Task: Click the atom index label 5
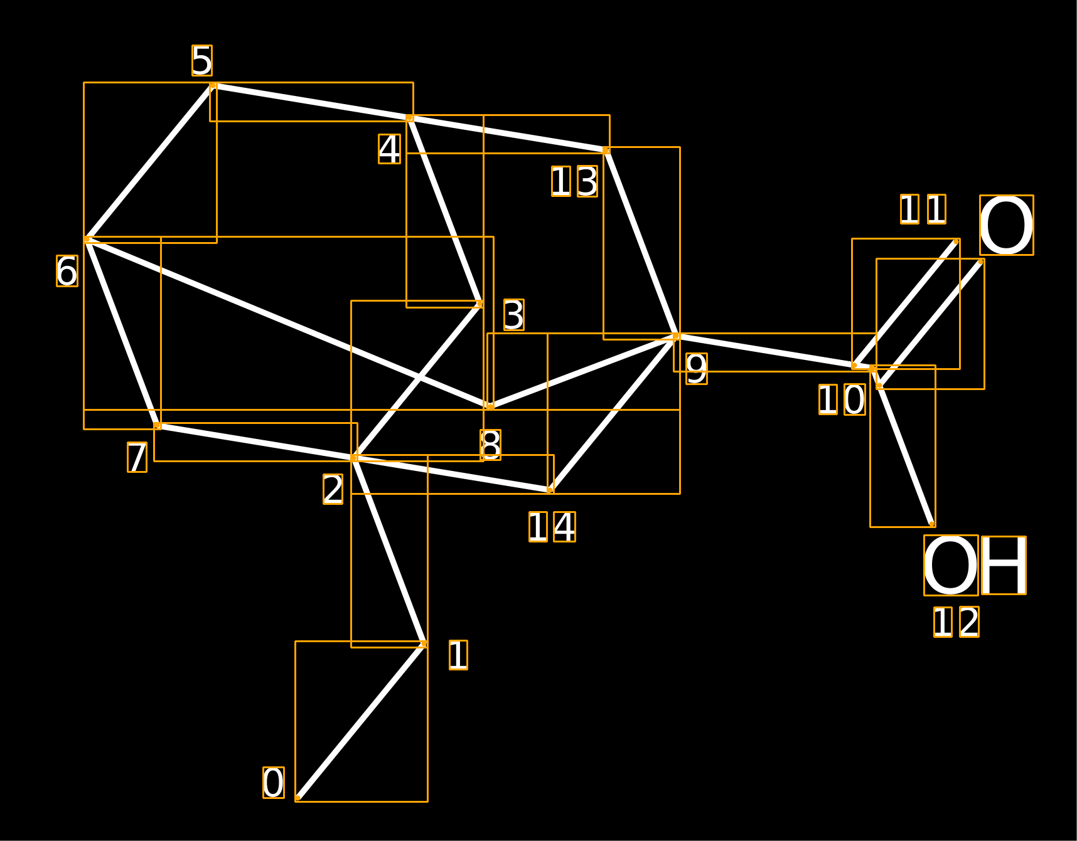click(x=202, y=61)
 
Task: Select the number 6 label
click(x=67, y=271)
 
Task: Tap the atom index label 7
click(x=137, y=457)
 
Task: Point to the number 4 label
click(x=389, y=149)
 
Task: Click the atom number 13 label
click(x=574, y=181)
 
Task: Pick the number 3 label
click(x=513, y=315)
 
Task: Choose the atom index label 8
click(x=490, y=445)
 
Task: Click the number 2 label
click(x=333, y=489)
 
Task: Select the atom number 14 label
click(x=552, y=526)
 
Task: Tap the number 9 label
click(x=696, y=368)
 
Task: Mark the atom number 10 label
click(x=842, y=399)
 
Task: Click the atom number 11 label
click(x=923, y=209)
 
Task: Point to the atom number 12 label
click(x=956, y=622)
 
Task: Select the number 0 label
click(x=273, y=783)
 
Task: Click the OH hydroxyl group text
click(x=975, y=565)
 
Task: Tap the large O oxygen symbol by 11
click(x=1006, y=225)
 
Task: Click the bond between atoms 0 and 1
click(x=362, y=721)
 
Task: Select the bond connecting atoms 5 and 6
click(x=150, y=162)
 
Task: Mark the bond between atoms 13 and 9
click(x=641, y=243)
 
